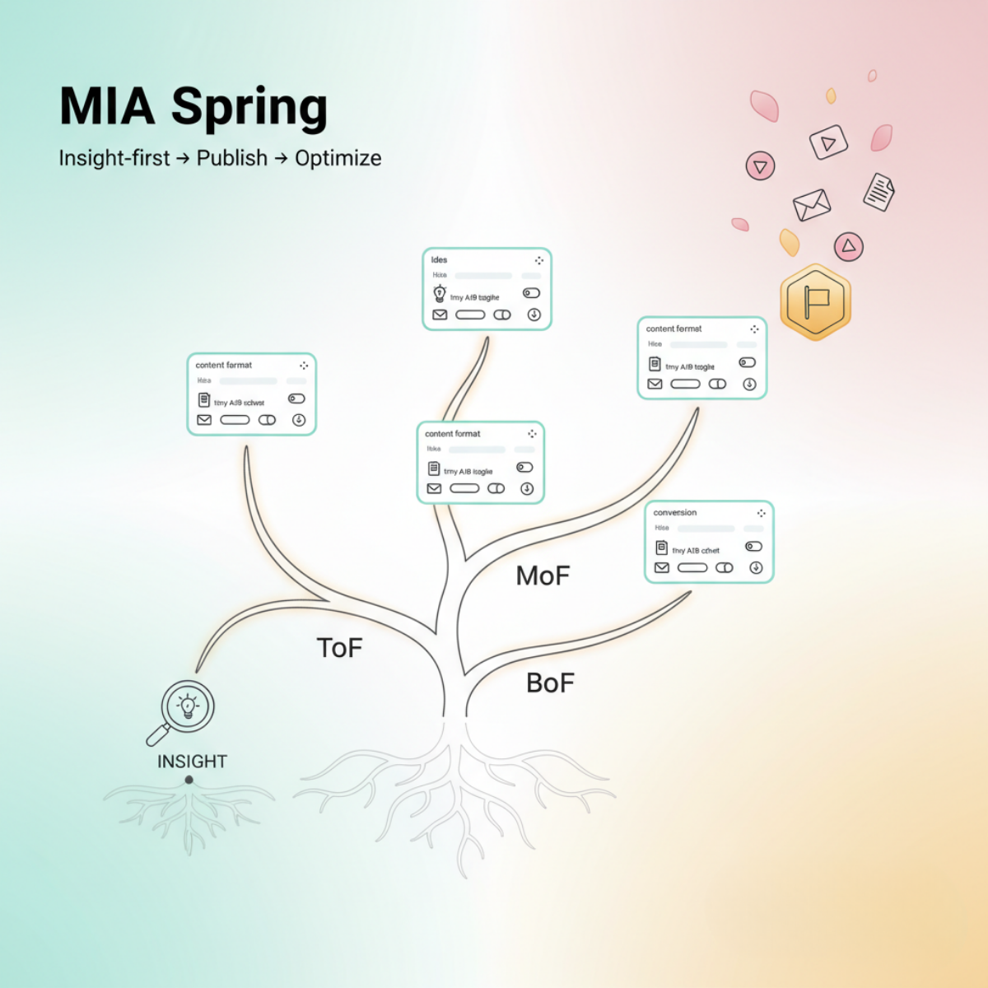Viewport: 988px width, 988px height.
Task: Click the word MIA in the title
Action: click(x=107, y=107)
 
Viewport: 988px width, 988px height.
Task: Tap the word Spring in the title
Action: click(x=249, y=109)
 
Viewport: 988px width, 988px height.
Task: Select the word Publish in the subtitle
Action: click(x=231, y=158)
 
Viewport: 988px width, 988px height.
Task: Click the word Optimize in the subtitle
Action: click(x=338, y=158)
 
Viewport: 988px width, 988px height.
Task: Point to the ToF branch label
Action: click(x=339, y=648)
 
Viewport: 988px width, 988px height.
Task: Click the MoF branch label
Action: click(x=543, y=576)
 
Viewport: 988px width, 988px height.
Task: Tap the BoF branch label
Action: click(x=550, y=683)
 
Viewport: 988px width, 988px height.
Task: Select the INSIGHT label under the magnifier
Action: click(x=192, y=762)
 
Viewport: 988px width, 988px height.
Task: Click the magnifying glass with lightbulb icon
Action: click(x=186, y=708)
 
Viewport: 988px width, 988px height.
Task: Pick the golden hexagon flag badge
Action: click(x=815, y=302)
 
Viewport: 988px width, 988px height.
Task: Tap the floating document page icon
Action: click(x=878, y=192)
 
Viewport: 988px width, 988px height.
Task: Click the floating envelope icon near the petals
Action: click(x=812, y=204)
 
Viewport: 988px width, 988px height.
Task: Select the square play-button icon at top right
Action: click(x=828, y=142)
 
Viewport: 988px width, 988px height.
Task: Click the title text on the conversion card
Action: click(x=675, y=512)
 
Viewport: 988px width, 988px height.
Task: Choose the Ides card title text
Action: click(x=439, y=259)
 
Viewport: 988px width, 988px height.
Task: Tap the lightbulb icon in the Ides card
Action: click(x=440, y=294)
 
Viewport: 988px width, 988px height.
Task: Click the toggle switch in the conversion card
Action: click(x=753, y=546)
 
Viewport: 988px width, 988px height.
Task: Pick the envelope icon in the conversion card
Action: click(x=662, y=567)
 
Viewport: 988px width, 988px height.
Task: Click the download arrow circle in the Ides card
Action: click(x=534, y=315)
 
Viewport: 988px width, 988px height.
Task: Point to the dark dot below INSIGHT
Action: click(x=189, y=780)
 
